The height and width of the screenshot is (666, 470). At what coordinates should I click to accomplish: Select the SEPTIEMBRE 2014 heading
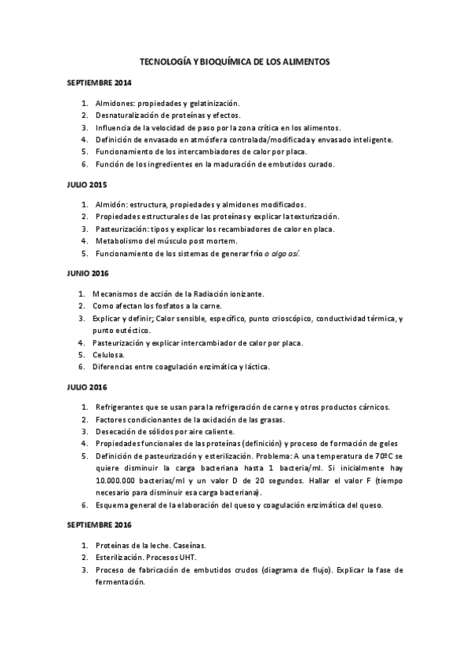[100, 82]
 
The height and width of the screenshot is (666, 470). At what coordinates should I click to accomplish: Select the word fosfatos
[162, 306]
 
